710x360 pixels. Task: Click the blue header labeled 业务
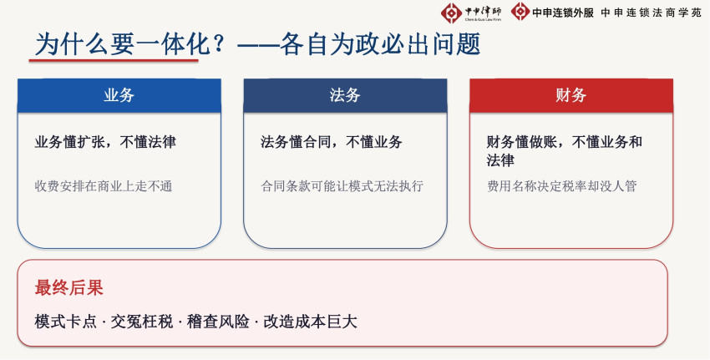click(119, 95)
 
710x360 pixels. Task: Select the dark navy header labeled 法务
click(345, 95)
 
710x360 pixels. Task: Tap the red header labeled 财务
click(571, 95)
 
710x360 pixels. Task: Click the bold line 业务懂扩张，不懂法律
click(105, 142)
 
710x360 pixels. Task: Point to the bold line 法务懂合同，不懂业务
click(331, 142)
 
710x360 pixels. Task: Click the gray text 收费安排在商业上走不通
click(104, 186)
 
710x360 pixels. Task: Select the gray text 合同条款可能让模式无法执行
click(342, 186)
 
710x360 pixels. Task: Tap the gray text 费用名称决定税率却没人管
click(562, 186)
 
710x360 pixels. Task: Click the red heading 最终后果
click(68, 288)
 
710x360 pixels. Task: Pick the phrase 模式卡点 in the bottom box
click(66, 322)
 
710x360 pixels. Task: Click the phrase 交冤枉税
click(142, 322)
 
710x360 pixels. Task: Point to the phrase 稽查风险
click(218, 322)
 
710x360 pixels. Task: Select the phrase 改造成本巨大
click(310, 322)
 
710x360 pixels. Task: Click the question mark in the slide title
click(219, 44)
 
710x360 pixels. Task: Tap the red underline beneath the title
click(114, 60)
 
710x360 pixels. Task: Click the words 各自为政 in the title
click(330, 45)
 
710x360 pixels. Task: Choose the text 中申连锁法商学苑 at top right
click(652, 13)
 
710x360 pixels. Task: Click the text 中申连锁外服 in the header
click(563, 13)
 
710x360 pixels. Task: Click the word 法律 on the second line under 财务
click(500, 160)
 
